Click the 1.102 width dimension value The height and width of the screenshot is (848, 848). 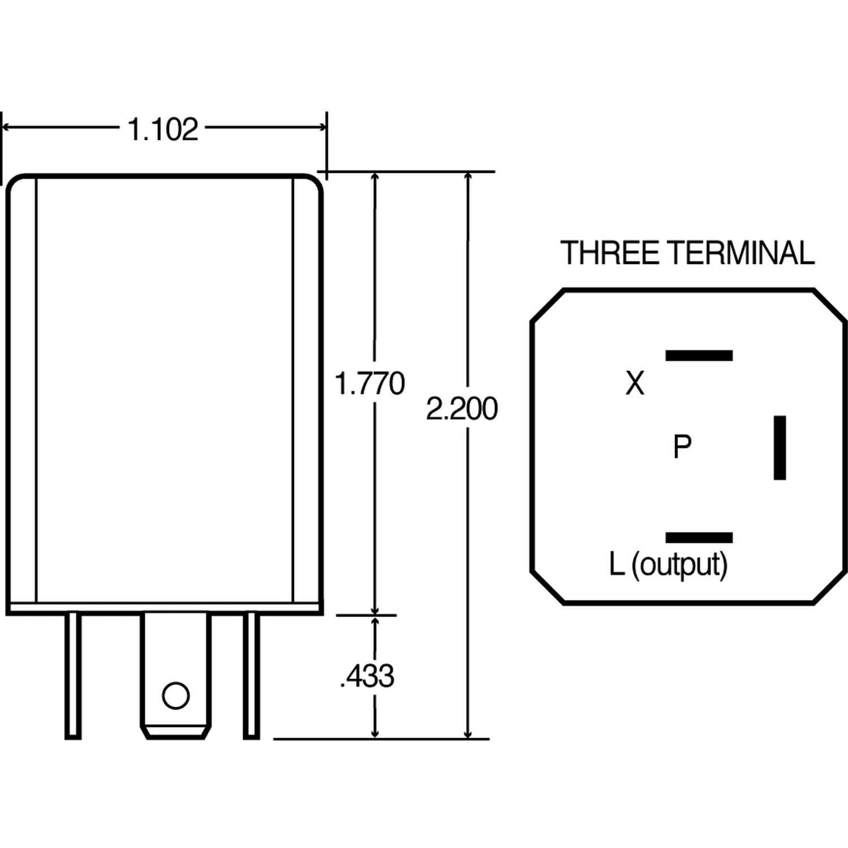tap(163, 130)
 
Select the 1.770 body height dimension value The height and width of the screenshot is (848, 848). tap(369, 384)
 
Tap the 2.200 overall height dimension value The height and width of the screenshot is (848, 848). tap(462, 409)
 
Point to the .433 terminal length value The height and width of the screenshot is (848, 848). tap(367, 676)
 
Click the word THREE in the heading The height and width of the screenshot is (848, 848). tap(610, 253)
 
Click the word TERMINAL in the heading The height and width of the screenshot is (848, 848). tap(742, 253)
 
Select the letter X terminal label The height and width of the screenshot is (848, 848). tap(634, 384)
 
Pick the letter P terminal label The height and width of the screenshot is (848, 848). tap(682, 447)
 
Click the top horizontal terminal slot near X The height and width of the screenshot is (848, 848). tap(698, 355)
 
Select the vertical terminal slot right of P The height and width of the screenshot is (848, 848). tap(779, 448)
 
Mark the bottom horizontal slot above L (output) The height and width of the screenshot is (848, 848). tap(698, 538)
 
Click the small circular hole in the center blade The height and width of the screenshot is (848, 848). tap(175, 695)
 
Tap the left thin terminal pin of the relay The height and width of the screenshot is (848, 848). tap(73, 675)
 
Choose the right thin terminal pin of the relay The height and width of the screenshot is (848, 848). tap(251, 675)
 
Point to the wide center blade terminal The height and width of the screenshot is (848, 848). tap(175, 657)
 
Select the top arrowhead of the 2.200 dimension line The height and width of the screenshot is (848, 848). tap(468, 177)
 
